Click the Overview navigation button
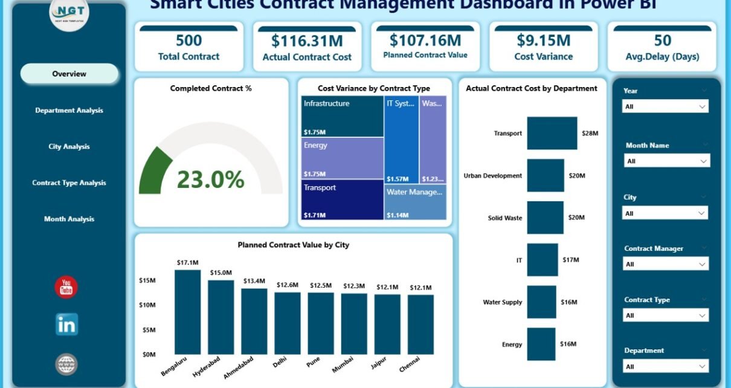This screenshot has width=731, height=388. [69, 74]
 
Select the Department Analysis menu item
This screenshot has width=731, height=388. [69, 111]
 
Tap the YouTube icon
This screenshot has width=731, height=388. [66, 288]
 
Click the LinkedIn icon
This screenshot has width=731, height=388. [66, 325]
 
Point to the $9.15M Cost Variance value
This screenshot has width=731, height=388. [544, 40]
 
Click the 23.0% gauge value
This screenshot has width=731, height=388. [210, 179]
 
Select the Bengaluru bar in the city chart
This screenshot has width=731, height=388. [187, 312]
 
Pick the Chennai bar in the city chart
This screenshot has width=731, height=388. [420, 324]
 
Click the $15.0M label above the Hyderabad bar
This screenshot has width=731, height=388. [221, 273]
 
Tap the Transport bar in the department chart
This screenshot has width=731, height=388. [552, 133]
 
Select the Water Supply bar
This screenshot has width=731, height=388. [541, 302]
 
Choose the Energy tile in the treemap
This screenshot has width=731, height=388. [343, 158]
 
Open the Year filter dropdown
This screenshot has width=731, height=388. [665, 106]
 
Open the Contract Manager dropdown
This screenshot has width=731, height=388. [665, 264]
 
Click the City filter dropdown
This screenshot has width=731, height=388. [665, 213]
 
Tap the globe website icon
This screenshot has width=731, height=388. [66, 364]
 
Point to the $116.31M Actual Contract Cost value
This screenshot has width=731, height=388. [307, 40]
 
